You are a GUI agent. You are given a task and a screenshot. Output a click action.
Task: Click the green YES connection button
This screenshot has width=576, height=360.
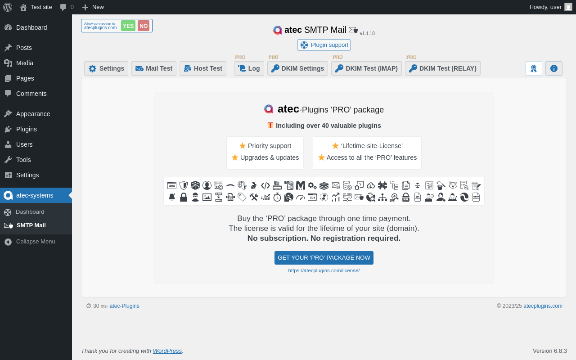coord(128,26)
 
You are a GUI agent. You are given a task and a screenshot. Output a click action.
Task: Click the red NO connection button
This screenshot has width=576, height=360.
coord(144,26)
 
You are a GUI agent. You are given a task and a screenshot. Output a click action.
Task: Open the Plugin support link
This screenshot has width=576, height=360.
coord(324,45)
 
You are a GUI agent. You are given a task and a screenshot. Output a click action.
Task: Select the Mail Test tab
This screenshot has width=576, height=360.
coord(154,68)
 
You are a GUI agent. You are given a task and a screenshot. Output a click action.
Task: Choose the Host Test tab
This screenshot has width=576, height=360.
coord(203,68)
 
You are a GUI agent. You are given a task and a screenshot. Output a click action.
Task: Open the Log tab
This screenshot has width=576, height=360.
coord(249,68)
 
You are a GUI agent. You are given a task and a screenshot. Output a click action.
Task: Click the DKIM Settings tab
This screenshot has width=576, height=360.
coord(297,68)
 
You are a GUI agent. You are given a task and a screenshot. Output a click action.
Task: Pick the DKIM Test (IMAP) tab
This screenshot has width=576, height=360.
coord(366,68)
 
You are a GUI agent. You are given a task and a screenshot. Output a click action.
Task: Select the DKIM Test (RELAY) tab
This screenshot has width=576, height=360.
coord(443,68)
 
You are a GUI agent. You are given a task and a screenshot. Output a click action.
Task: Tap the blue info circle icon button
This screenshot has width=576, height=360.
coord(554,68)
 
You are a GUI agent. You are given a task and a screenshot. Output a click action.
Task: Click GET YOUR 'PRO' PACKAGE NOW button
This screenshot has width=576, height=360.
coord(324,258)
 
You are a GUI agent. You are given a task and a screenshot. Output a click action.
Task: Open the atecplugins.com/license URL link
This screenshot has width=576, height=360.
coord(324,270)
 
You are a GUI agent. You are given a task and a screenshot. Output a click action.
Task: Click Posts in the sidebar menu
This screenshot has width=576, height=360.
coord(24,48)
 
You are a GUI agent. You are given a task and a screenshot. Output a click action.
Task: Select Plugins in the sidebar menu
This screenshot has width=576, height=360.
coord(26,129)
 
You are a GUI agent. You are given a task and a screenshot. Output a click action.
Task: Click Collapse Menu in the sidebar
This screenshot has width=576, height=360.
coord(35,242)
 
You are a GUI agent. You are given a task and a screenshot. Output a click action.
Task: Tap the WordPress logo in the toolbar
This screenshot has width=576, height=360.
coord(8,7)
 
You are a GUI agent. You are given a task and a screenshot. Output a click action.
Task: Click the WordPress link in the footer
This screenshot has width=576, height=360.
coord(167,351)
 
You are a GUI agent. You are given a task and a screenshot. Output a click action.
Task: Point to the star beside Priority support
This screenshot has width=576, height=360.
coord(243,146)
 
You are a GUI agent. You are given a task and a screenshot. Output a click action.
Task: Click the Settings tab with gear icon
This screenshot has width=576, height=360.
coord(106,68)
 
